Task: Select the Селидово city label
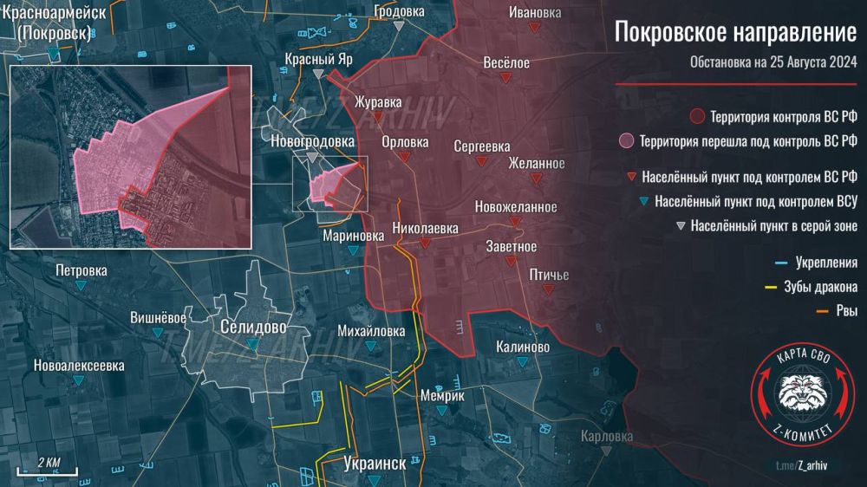click(x=252, y=328)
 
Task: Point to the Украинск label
click(x=375, y=463)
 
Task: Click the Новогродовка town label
click(x=312, y=140)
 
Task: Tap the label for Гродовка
click(x=399, y=11)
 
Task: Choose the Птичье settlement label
click(x=549, y=276)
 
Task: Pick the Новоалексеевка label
click(x=79, y=366)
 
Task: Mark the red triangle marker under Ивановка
click(x=535, y=28)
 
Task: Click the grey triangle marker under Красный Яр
click(x=319, y=75)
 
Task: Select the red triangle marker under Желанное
click(x=537, y=179)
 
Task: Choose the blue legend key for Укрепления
click(x=771, y=263)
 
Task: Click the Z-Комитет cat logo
click(x=801, y=389)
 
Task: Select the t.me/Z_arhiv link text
click(x=801, y=468)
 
